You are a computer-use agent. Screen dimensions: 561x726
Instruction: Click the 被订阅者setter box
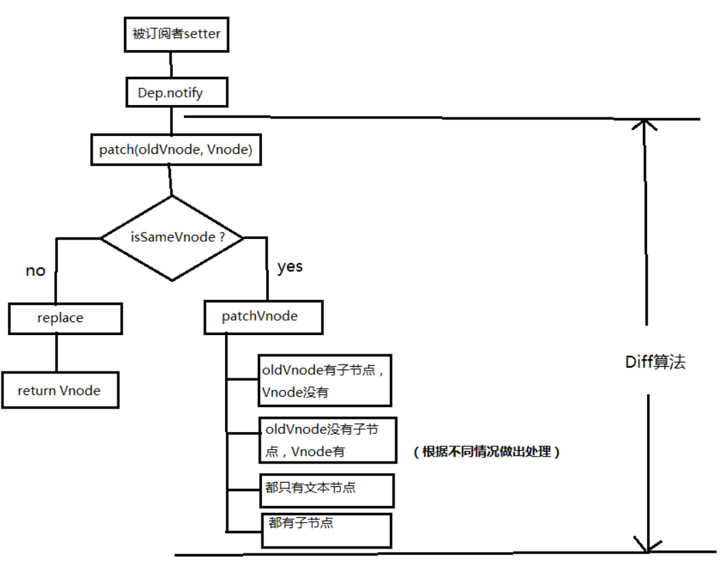point(176,34)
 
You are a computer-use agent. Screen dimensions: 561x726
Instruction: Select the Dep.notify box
point(176,92)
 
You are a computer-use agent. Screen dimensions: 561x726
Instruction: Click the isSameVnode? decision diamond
point(173,238)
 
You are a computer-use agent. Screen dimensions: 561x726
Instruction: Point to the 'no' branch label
point(35,271)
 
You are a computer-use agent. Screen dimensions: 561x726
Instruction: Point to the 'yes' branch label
point(290,266)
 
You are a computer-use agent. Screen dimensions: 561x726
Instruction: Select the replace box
point(65,319)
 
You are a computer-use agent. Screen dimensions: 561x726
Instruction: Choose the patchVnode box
point(263,317)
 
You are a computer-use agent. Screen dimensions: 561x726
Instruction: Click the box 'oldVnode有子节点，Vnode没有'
point(324,380)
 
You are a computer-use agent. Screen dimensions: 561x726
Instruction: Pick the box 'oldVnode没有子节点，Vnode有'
point(327,439)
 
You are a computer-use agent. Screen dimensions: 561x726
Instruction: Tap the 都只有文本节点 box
point(325,489)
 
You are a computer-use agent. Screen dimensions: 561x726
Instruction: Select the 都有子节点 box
point(325,529)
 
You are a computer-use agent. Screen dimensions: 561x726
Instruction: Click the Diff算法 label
point(655,362)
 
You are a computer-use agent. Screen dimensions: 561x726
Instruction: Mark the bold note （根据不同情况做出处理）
point(486,452)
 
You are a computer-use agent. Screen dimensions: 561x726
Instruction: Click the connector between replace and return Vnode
point(56,353)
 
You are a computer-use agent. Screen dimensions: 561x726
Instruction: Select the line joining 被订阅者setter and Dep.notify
point(171,65)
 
